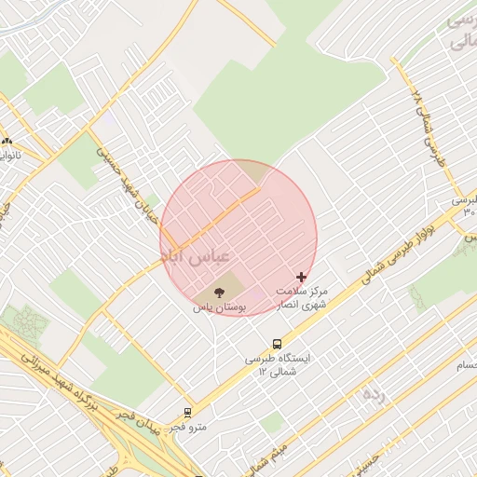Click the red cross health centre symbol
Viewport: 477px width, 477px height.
tap(300, 277)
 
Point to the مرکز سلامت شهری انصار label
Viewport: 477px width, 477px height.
tap(302, 298)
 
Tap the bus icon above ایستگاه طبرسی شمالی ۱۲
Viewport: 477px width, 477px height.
tap(277, 343)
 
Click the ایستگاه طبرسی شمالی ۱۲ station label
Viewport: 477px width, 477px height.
tap(280, 364)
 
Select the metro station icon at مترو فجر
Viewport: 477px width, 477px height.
tap(187, 412)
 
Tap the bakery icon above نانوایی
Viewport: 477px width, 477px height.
tap(7, 141)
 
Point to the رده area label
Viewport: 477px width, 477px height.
tap(374, 394)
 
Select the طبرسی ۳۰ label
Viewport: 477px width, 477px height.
tap(465, 206)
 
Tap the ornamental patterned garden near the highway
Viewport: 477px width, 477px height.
tap(25, 324)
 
